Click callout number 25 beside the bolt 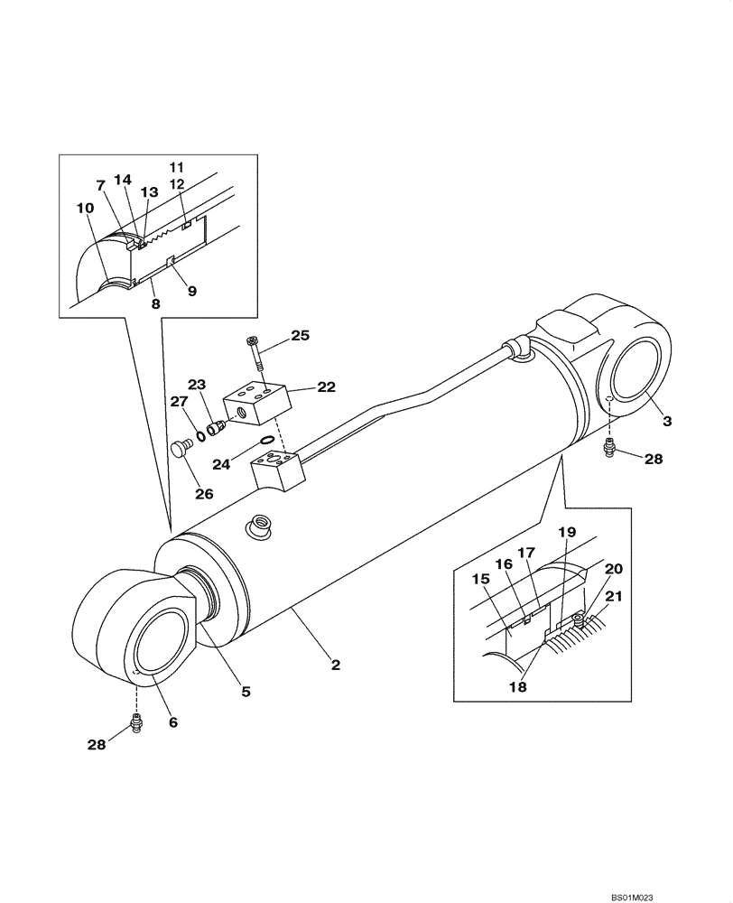pos(300,336)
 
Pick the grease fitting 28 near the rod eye pos(136,722)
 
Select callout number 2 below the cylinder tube pos(335,666)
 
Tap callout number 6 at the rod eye pos(173,721)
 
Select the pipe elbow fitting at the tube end pos(515,348)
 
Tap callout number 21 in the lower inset pos(613,597)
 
